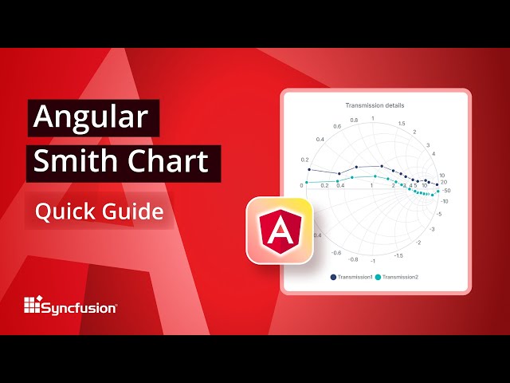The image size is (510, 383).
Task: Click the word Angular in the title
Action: point(90,118)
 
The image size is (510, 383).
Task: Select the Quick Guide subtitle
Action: point(99,211)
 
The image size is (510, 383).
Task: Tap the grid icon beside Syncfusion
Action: point(32,305)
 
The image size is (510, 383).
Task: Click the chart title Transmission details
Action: point(375,105)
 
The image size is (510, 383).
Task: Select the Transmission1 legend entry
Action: point(351,277)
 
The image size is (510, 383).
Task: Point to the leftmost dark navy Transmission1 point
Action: point(308,168)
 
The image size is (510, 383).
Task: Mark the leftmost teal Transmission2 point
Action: point(307,183)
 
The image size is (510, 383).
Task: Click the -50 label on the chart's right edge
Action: point(447,191)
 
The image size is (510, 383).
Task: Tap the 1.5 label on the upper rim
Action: point(402,124)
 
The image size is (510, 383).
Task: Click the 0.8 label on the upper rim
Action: point(354,120)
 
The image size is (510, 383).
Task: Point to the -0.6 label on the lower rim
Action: point(336,252)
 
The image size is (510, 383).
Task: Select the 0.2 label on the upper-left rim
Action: point(304,160)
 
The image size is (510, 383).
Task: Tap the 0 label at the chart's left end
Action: point(302,185)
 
